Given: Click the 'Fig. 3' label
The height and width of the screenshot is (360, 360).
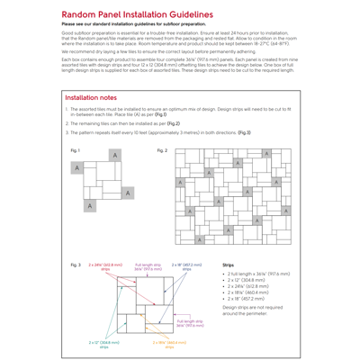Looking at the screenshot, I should coord(75,266).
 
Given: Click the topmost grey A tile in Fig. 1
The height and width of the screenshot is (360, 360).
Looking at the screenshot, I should coord(116,156).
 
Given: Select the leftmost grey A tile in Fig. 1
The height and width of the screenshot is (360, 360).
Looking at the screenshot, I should coord(78,168).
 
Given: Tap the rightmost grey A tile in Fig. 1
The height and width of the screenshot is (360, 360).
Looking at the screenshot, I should coord(129,193).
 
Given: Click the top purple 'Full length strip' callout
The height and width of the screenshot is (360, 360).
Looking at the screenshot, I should coord(148,267).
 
